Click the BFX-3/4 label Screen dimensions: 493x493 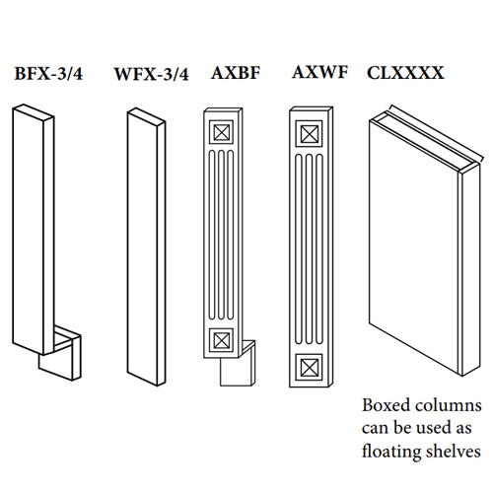48,74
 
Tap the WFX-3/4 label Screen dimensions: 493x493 152,74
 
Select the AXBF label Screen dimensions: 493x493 236,73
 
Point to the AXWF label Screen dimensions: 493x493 319,72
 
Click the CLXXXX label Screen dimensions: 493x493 405,73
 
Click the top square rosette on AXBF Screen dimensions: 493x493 221,132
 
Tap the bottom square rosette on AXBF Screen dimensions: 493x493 221,340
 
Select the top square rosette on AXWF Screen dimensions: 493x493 309,134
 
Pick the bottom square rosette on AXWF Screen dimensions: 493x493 309,367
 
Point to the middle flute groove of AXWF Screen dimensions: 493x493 310,248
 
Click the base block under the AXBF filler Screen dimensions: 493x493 238,365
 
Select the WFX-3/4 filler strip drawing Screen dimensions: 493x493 146,247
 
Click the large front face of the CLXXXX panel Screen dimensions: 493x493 415,247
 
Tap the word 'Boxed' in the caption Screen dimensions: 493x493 387,405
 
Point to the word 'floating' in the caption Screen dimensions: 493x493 389,452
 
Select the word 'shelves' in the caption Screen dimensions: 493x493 452,451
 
